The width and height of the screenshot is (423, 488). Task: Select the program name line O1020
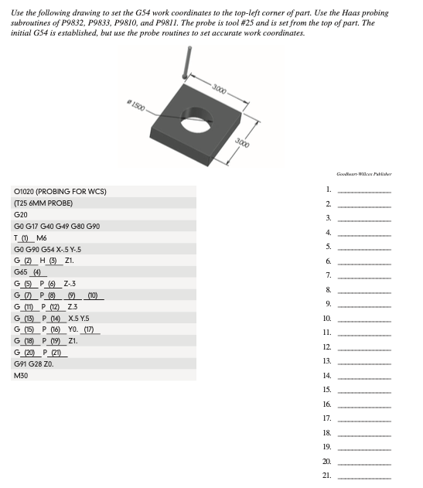[60, 190]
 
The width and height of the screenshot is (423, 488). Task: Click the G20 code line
[22, 214]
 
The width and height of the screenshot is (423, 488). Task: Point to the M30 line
[22, 377]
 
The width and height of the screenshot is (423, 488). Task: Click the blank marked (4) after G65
[36, 272]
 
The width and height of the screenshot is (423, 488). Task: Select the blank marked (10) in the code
[94, 295]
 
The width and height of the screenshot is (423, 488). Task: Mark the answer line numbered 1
[364, 190]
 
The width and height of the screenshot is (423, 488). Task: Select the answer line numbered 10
[364, 319]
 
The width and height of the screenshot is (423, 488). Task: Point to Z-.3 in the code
[77, 284]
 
